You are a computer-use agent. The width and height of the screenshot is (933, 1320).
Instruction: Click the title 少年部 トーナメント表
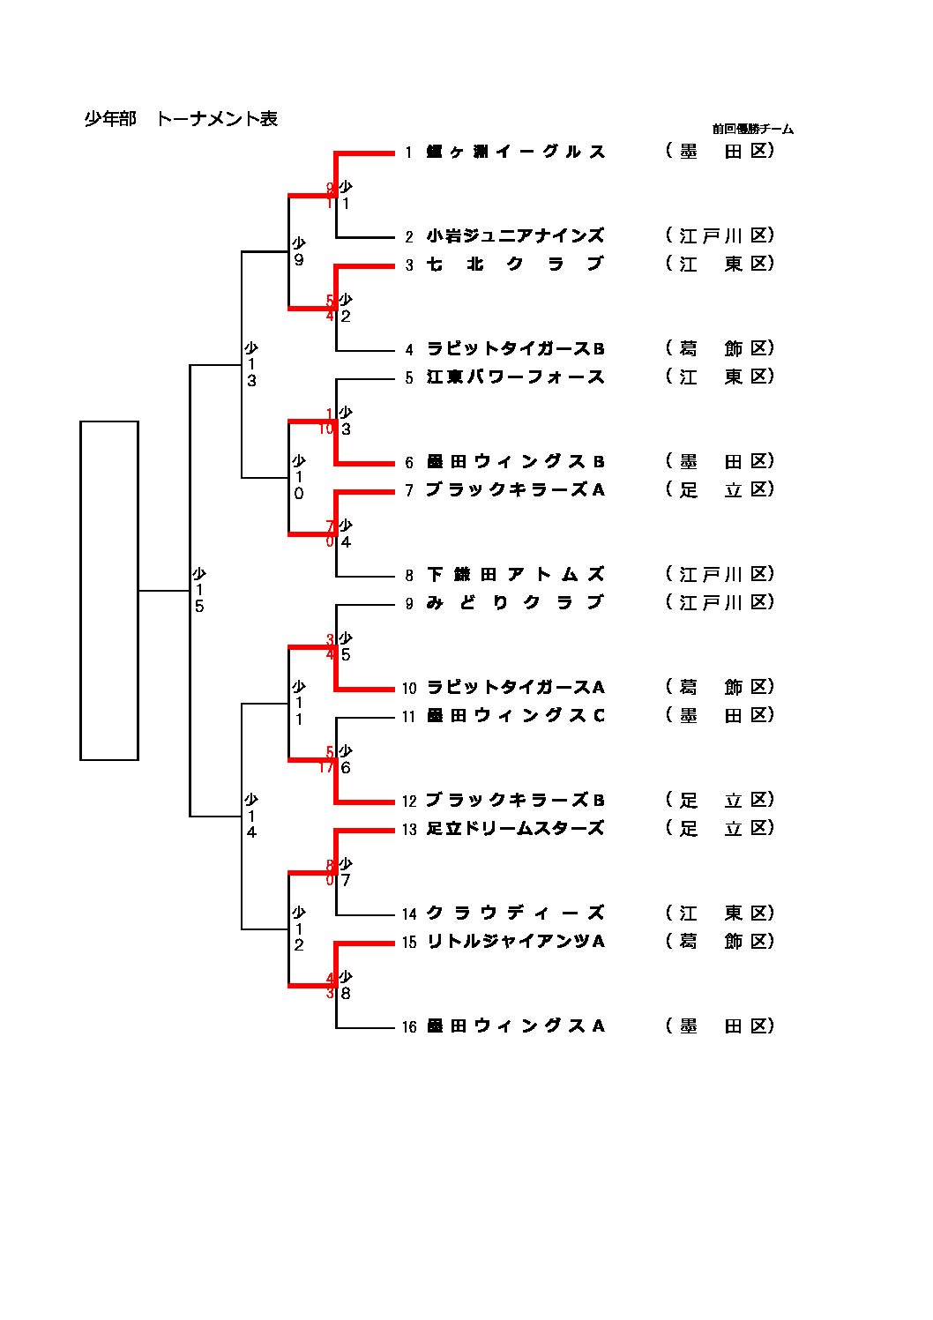click(181, 119)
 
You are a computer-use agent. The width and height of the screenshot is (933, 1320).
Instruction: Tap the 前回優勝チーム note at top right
click(752, 129)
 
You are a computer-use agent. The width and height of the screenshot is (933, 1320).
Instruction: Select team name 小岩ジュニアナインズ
click(515, 235)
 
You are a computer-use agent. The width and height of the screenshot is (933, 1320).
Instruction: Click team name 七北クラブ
click(515, 264)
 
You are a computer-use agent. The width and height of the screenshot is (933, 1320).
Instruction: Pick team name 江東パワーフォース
click(515, 377)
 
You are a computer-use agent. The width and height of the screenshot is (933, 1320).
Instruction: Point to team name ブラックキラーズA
click(515, 489)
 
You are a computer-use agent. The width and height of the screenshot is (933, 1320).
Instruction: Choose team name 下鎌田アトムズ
click(515, 574)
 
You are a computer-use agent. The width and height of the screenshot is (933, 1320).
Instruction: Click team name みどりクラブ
click(515, 602)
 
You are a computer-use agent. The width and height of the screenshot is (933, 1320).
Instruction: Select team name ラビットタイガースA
click(515, 687)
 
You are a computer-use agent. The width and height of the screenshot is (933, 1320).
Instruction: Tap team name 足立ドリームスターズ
click(515, 828)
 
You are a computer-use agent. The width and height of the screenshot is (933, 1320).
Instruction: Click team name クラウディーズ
click(515, 913)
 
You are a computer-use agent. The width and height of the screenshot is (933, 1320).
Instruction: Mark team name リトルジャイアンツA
click(515, 941)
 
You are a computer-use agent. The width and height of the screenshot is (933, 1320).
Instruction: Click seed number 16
click(409, 1026)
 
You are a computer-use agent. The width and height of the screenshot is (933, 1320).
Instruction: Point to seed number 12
click(409, 801)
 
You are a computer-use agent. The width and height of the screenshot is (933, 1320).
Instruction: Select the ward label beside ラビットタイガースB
click(720, 348)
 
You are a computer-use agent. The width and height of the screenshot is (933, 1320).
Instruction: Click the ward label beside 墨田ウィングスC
click(720, 715)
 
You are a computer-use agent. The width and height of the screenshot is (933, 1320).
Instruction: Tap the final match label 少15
click(199, 590)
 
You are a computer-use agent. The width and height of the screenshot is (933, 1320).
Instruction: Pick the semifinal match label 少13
click(251, 364)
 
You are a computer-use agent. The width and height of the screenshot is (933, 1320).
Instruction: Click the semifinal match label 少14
click(251, 816)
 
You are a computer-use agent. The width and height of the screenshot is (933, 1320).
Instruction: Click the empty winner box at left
click(109, 590)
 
